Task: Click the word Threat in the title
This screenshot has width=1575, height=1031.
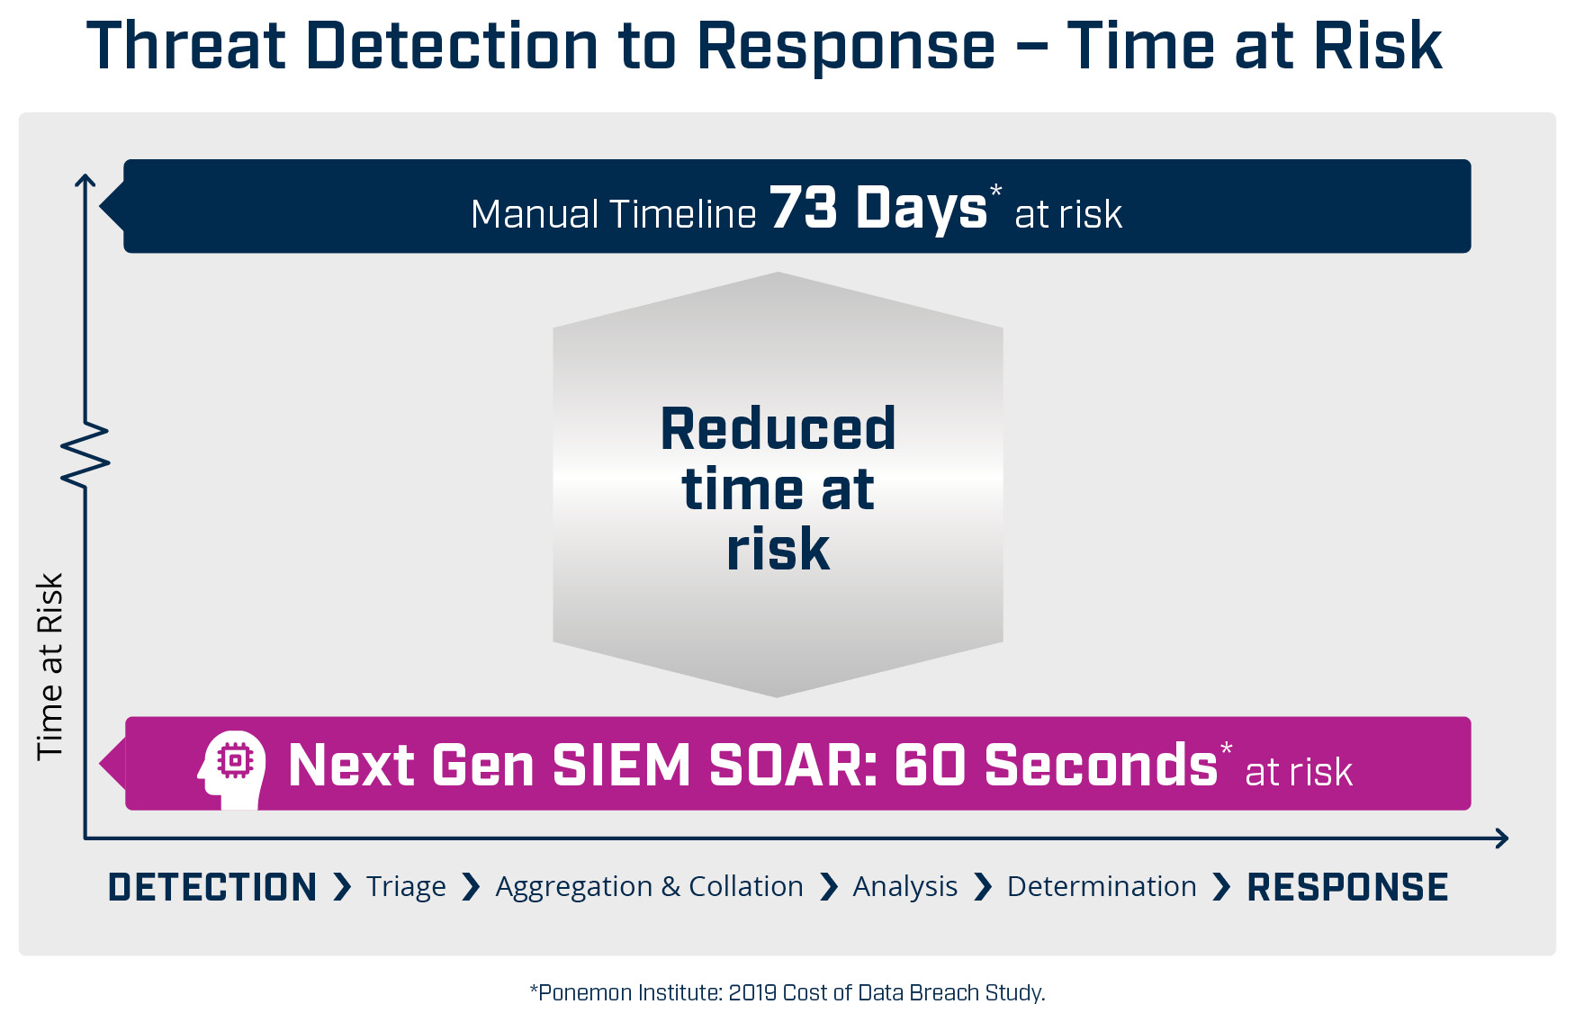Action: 186,46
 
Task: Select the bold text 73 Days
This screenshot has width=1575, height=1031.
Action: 878,208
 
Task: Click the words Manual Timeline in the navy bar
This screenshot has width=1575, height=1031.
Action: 614,214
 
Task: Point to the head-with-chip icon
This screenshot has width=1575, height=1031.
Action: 232,769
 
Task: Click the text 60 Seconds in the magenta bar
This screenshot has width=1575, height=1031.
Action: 1056,766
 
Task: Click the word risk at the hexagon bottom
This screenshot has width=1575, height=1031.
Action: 778,549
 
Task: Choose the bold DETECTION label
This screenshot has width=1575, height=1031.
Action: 212,887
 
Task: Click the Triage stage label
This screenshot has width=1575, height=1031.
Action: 406,887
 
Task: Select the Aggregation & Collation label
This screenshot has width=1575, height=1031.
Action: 649,887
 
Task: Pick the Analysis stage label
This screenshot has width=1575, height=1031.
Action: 905,887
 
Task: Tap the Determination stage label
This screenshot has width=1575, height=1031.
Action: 1102,886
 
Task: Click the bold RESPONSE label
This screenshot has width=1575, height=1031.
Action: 1347,887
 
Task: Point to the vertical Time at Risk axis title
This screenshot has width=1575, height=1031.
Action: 49,667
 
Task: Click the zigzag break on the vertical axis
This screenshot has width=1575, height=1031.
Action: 85,455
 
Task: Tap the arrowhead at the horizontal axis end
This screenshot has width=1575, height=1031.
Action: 1502,838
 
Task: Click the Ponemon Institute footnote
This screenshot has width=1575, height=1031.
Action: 787,992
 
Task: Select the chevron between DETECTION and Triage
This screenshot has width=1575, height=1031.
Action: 342,887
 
